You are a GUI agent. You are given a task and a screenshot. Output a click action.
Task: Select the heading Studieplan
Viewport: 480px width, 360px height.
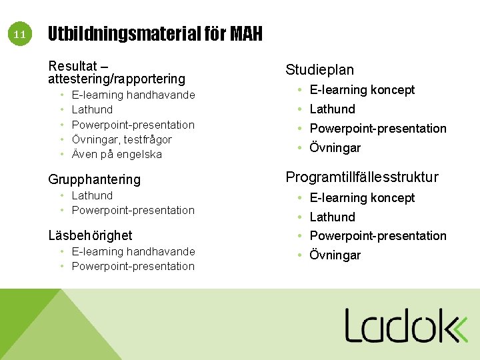point(319,69)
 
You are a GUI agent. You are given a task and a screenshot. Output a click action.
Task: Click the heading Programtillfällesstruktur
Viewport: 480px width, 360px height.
point(362,177)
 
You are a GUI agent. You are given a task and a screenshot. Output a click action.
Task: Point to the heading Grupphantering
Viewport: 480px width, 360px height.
point(94,179)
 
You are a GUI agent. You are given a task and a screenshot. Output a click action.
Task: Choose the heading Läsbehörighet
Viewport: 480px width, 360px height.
point(90,235)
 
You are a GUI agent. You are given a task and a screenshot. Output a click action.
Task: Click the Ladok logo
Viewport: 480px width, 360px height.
point(406,325)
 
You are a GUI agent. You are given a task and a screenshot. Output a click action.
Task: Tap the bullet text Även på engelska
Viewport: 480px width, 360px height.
point(117,154)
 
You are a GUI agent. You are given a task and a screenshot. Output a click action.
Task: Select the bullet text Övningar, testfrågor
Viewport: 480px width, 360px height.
point(121,139)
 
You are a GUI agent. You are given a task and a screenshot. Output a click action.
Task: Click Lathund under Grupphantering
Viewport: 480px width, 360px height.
point(92,195)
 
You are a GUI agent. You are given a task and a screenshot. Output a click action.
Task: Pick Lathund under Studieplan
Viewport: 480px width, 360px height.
point(332,109)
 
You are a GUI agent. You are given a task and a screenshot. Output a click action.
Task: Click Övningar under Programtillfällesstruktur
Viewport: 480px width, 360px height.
point(335,255)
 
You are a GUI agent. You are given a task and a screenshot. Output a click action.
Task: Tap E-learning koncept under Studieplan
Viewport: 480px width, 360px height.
point(362,89)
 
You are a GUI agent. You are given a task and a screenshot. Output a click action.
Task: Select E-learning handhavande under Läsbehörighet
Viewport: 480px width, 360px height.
point(133,251)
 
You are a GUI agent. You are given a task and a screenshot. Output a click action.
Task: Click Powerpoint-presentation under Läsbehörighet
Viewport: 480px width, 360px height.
point(133,266)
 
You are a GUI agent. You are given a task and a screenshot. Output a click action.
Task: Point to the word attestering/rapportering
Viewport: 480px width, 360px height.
point(116,79)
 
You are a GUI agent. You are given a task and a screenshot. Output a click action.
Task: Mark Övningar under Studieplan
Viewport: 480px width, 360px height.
point(335,147)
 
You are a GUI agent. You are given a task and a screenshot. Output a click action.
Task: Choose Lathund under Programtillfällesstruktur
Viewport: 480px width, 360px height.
point(332,217)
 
